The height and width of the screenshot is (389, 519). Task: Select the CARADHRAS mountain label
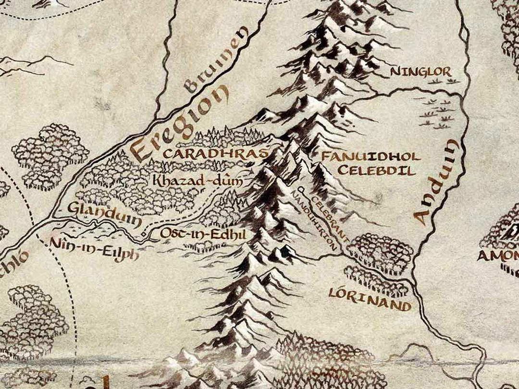215,154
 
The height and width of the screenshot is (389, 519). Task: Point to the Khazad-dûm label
197,181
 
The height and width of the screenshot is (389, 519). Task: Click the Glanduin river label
104,214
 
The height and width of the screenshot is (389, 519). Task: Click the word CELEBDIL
376,170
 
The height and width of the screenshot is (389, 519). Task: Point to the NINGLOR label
420,72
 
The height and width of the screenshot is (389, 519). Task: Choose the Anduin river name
435,182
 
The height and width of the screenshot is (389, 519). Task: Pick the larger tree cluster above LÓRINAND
380,250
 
